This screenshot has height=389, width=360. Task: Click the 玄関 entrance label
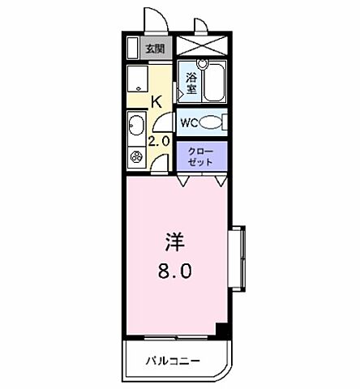point(156,48)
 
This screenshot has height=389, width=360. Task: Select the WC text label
point(188,123)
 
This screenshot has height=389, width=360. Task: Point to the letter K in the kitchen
point(157,101)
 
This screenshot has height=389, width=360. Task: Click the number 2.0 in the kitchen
point(160,140)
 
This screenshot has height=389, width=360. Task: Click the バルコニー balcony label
point(174,359)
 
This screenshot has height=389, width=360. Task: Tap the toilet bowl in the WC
point(212,123)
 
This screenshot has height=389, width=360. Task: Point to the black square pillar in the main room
point(221,329)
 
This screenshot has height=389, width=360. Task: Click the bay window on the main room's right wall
point(238,256)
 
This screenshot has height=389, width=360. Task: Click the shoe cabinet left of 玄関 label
point(133,48)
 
